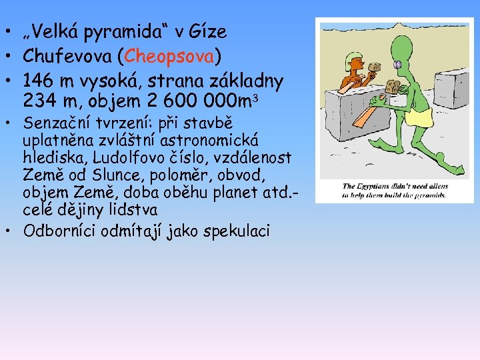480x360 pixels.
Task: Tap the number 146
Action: tap(41, 81)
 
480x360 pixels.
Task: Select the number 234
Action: tap(41, 102)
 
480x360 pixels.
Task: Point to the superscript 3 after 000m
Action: tap(255, 98)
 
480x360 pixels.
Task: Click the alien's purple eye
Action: tap(397, 65)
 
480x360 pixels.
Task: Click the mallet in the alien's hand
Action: tap(392, 87)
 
